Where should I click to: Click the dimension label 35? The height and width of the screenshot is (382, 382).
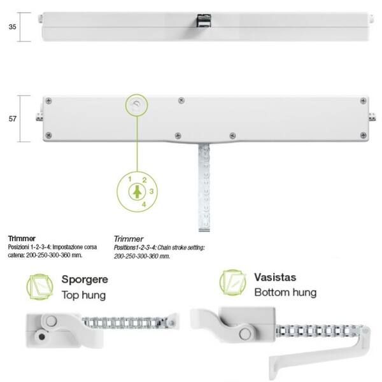tap(13, 27)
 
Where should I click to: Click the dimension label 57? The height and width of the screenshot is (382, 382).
tap(13, 118)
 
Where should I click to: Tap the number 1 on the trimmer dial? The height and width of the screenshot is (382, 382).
tap(130, 179)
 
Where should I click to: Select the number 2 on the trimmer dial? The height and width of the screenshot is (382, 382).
tap(145, 180)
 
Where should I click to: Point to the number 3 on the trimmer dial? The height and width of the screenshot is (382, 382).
tap(152, 191)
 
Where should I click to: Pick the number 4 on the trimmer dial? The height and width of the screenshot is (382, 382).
tap(144, 204)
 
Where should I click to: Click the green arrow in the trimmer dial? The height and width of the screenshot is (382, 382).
tap(137, 192)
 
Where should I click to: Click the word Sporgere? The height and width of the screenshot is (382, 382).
tap(85, 279)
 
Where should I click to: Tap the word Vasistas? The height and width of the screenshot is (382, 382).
tap(275, 277)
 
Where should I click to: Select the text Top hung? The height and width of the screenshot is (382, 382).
tap(83, 295)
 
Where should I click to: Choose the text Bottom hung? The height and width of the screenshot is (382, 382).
tap(285, 292)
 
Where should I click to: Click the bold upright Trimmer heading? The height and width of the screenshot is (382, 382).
tap(22, 238)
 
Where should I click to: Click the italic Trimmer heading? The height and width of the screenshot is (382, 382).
tap(129, 239)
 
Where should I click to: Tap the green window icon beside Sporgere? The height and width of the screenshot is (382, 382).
tap(39, 286)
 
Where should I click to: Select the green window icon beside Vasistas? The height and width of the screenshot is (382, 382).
tap(232, 283)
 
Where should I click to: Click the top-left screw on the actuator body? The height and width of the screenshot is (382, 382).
tap(49, 101)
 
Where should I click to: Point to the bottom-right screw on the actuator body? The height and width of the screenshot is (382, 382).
tap(364, 135)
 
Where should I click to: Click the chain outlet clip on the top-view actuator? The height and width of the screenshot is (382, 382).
tap(204, 20)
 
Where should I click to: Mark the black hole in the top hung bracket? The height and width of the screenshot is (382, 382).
tap(42, 337)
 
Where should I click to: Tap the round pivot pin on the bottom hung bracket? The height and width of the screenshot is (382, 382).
tap(245, 334)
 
